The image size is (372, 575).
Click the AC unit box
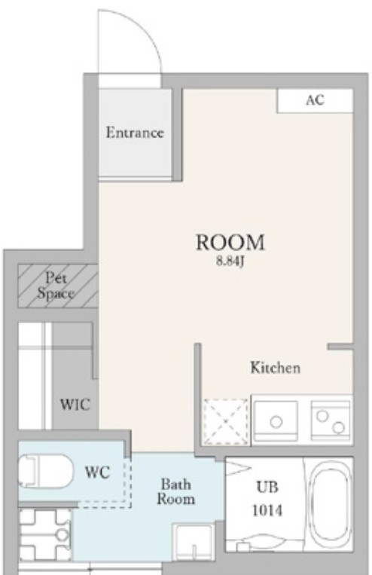[x=316, y=100]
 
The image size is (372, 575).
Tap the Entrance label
[x=135, y=133]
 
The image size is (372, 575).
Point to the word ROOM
[x=230, y=242]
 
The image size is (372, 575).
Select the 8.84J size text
[x=230, y=262]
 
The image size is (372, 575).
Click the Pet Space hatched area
[x=58, y=286]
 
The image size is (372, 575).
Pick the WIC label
[x=75, y=405]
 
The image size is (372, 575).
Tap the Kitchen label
[x=276, y=368]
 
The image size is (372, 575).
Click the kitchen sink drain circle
[x=276, y=422]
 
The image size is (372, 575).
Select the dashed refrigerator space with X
[x=226, y=422]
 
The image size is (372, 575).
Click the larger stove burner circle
[x=338, y=427]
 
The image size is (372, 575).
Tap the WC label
[x=97, y=473]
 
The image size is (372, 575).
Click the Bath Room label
[x=176, y=492]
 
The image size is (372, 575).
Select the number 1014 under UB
[x=267, y=510]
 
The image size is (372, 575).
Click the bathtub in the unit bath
[x=331, y=503]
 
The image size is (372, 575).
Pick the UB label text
[x=267, y=487]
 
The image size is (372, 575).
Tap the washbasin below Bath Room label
[x=194, y=542]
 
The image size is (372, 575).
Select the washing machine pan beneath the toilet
[x=45, y=534]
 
